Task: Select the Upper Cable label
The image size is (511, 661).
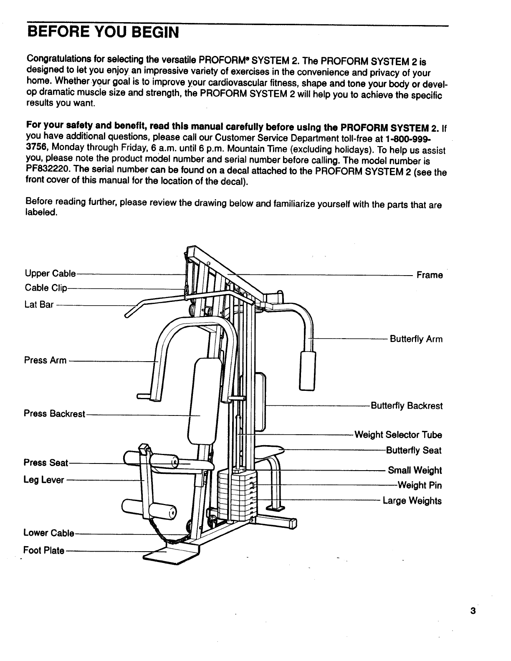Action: (50, 274)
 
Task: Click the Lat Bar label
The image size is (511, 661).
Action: (39, 305)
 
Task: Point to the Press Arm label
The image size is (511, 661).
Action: (45, 360)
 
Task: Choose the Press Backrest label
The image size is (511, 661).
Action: (54, 414)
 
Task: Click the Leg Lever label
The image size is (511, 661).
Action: (44, 480)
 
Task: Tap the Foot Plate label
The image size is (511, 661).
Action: (44, 550)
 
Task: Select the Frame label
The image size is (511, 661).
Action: (430, 275)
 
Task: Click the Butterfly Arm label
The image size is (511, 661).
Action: (416, 339)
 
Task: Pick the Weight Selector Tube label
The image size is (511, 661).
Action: (398, 435)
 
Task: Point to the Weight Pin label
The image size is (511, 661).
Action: (419, 485)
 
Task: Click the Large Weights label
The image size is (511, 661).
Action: (412, 501)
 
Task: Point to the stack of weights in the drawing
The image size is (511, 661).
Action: (236, 495)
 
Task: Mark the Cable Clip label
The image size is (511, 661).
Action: (46, 288)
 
